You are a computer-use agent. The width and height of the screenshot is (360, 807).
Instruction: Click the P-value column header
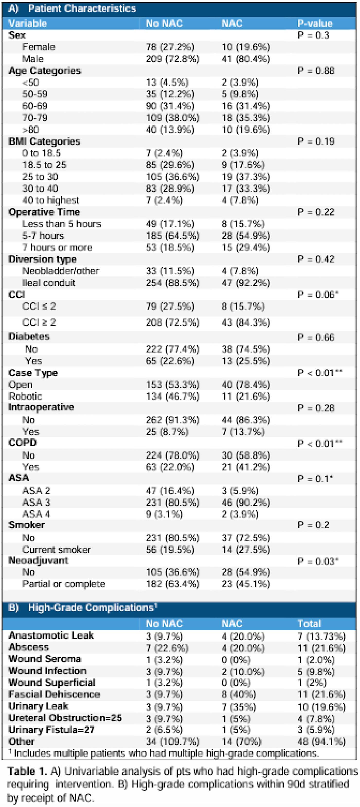pyautogui.click(x=314, y=23)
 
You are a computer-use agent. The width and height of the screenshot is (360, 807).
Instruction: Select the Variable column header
pyautogui.click(x=28, y=23)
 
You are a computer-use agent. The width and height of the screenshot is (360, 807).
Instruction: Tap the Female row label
pyautogui.click(x=39, y=47)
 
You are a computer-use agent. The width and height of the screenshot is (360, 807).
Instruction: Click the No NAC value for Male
pyautogui.click(x=172, y=59)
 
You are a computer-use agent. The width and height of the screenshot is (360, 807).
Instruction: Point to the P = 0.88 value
pyautogui.click(x=316, y=71)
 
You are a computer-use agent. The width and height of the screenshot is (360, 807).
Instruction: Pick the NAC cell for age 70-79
pyautogui.click(x=245, y=118)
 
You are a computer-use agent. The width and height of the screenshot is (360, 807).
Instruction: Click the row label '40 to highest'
pyautogui.click(x=51, y=200)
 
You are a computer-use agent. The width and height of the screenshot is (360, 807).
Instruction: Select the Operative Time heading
pyautogui.click(x=44, y=212)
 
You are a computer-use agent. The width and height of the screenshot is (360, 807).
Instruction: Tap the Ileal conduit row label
pyautogui.click(x=49, y=283)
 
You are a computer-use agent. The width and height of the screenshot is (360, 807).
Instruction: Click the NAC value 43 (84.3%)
pyautogui.click(x=245, y=322)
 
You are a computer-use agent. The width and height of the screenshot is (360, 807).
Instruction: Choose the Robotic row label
pyautogui.click(x=25, y=396)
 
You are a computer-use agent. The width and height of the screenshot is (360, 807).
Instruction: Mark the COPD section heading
pyautogui.click(x=23, y=443)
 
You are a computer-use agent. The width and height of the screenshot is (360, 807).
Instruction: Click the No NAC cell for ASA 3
pyautogui.click(x=172, y=502)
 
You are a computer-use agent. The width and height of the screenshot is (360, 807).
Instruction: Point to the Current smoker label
pyautogui.click(x=56, y=550)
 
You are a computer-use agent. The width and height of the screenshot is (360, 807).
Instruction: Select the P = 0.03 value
pyautogui.click(x=317, y=561)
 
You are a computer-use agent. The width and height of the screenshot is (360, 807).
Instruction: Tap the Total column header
pyautogui.click(x=309, y=623)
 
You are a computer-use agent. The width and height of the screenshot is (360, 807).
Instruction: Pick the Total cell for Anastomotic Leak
pyautogui.click(x=321, y=636)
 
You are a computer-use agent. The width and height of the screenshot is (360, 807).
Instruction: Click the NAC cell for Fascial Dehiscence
pyautogui.click(x=238, y=695)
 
